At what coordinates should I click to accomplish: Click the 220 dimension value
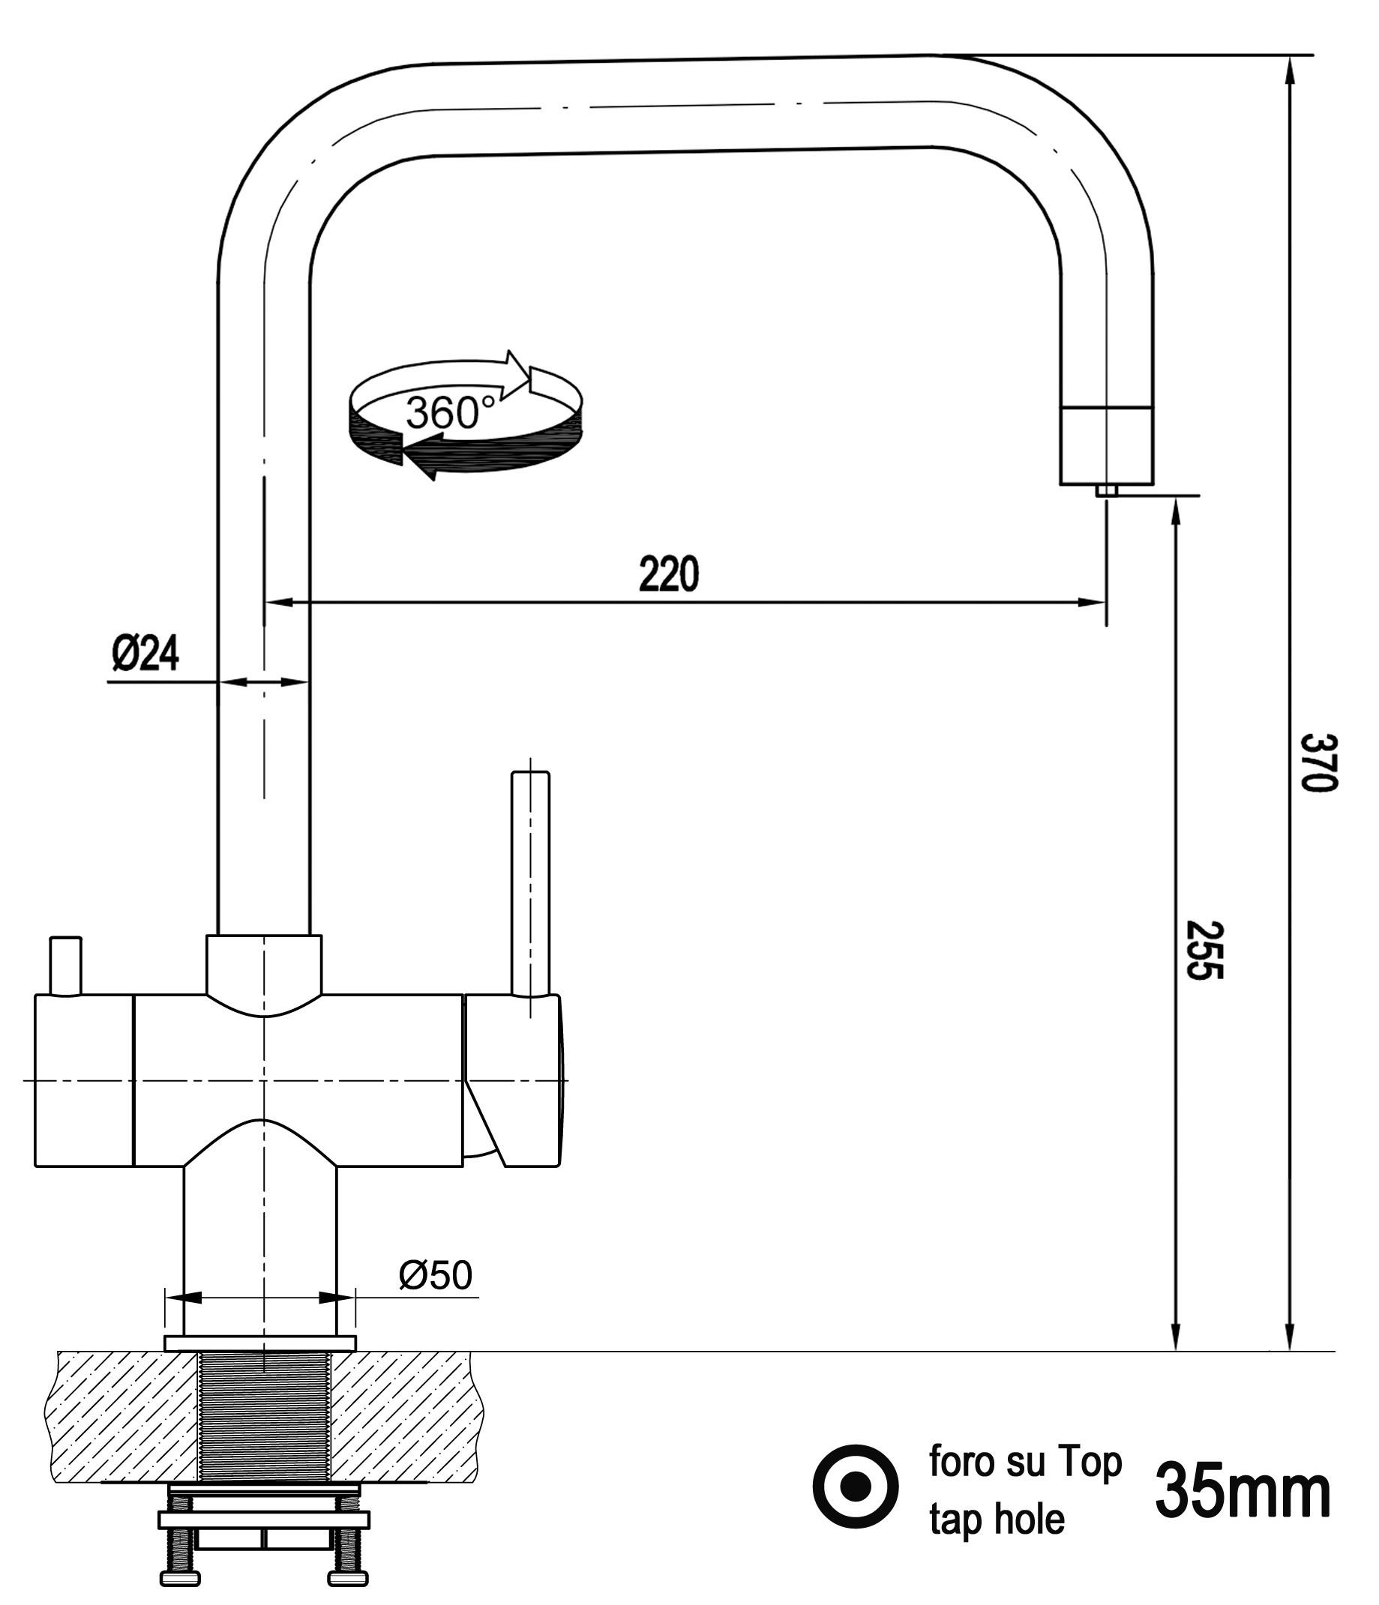tap(669, 574)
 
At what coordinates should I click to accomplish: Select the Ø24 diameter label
tap(145, 653)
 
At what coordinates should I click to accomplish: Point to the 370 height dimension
tap(1318, 762)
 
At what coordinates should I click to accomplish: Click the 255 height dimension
tap(1204, 951)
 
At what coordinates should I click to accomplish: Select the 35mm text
tap(1242, 1492)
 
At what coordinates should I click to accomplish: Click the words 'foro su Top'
tap(1025, 1463)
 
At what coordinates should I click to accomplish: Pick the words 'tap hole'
tap(997, 1520)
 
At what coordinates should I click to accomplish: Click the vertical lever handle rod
tap(531, 883)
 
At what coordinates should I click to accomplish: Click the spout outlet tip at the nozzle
tap(1106, 490)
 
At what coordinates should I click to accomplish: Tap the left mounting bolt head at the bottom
tap(180, 1578)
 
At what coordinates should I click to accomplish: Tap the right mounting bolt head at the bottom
tap(348, 1578)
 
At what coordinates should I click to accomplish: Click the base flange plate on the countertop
tap(260, 1343)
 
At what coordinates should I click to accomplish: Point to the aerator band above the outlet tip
tap(1105, 445)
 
